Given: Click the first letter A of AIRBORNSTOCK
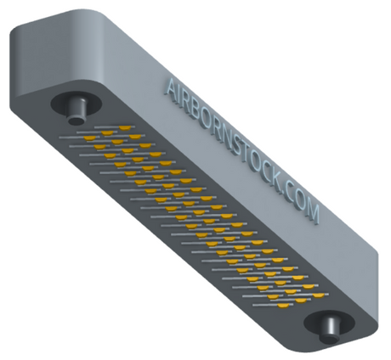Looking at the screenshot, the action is coord(172,87).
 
